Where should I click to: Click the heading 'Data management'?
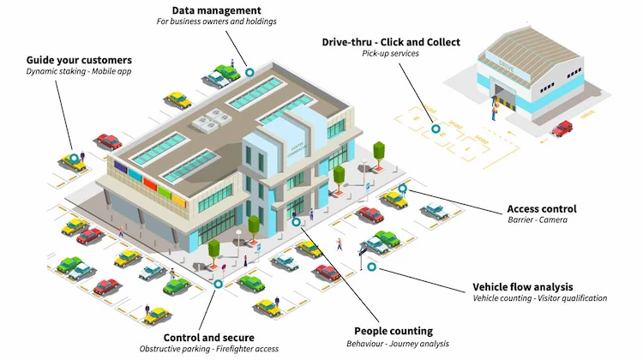coord(217,10)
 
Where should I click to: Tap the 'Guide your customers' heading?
coord(79,60)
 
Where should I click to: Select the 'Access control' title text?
coord(542,208)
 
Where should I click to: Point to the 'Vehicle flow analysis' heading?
coord(523,287)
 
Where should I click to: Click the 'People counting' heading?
coord(394,332)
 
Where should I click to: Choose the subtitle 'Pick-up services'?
coord(390,53)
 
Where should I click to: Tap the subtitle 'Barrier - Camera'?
coord(538,219)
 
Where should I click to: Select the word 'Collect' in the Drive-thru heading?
coord(443,42)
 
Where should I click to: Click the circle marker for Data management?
coord(249,73)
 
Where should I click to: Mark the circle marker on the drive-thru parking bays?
coord(436,129)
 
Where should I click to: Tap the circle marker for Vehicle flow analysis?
coord(371,267)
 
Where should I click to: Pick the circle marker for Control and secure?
coord(219,284)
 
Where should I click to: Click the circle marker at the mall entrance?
coord(296,222)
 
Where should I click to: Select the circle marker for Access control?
coord(403,189)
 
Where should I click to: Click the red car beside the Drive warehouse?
coord(562,128)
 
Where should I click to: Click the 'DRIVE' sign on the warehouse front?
coord(507,66)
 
